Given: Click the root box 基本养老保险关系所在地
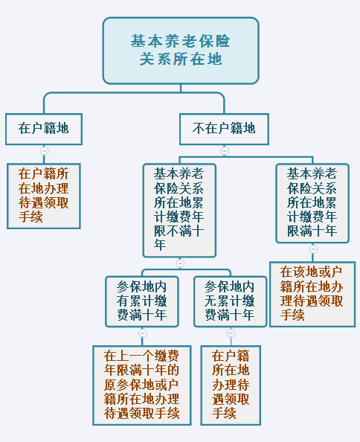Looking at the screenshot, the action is (181, 51).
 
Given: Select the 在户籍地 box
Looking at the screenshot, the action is (44, 129).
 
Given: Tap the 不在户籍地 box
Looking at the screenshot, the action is (224, 129).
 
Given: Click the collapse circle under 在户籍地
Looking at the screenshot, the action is (45, 151).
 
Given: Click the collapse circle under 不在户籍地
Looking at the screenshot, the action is (225, 151).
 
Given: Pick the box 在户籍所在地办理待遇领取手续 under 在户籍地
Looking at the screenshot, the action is (44, 196).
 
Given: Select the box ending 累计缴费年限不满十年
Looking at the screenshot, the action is (179, 211).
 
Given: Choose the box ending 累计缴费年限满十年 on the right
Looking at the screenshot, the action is (312, 203).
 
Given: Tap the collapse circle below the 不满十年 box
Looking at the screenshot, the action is (180, 263).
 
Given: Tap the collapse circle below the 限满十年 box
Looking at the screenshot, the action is (313, 249).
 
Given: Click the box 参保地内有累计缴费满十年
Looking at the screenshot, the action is (142, 301).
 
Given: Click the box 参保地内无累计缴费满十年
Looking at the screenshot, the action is (230, 301).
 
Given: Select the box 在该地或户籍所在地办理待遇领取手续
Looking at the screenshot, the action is (312, 294).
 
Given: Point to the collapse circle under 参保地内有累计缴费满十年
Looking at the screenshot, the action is (143, 333).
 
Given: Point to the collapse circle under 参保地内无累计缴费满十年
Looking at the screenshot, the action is (231, 333).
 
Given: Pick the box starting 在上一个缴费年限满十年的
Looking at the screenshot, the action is (142, 385).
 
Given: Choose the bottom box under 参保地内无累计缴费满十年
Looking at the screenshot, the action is (231, 385).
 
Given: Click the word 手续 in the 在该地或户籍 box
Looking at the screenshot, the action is (292, 315).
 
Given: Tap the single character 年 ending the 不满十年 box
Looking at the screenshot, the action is (160, 245).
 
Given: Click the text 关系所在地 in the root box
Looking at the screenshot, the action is (181, 60).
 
